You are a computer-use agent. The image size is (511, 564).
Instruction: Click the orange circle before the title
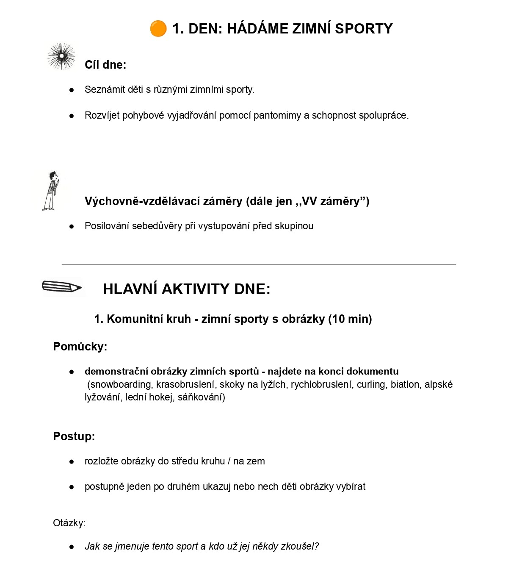(x=158, y=29)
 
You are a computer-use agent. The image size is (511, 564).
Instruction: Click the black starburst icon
(x=62, y=56)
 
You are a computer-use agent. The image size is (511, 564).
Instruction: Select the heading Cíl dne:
(x=105, y=65)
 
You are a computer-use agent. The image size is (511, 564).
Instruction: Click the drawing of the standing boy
(x=50, y=191)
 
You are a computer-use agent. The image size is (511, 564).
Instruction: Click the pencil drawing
(x=62, y=287)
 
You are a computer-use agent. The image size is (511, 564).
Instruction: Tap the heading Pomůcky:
(x=80, y=347)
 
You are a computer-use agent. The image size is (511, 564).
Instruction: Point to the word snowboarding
(x=121, y=385)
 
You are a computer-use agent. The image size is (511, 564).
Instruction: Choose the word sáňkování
(x=201, y=397)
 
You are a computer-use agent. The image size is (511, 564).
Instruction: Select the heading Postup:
(x=74, y=436)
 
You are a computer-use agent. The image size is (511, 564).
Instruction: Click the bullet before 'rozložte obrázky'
(x=72, y=461)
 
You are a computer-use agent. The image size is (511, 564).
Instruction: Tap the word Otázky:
(x=69, y=523)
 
